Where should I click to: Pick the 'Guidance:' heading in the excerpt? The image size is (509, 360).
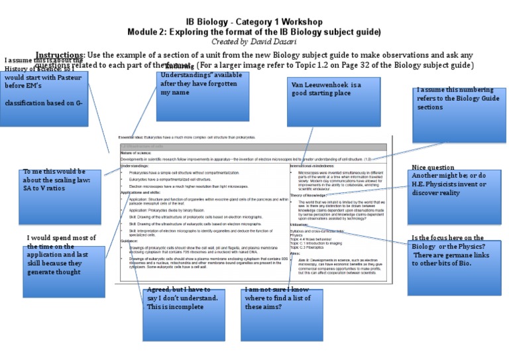point(130,241)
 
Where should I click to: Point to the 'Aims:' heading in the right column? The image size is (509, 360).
point(295,253)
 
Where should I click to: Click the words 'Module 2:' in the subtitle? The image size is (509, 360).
point(147,32)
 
